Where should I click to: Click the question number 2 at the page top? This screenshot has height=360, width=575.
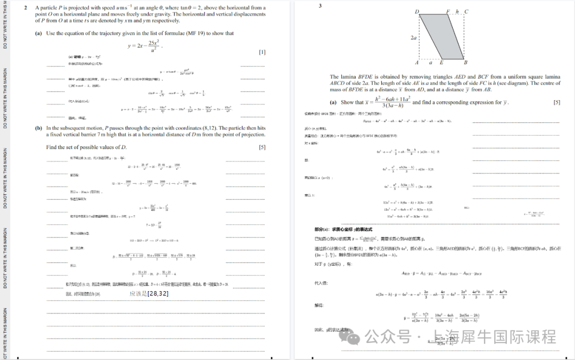[x=25, y=8]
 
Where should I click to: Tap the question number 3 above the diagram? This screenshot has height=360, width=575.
[x=320, y=6]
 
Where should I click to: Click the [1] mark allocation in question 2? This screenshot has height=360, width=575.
[x=262, y=52]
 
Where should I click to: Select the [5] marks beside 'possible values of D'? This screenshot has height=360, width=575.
[x=262, y=147]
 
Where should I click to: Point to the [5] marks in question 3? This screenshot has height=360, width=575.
[x=557, y=102]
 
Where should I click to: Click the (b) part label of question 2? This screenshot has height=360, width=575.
[x=38, y=128]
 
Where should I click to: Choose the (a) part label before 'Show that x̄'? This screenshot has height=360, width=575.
[x=333, y=102]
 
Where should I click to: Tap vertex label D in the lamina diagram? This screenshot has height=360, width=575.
[x=416, y=12]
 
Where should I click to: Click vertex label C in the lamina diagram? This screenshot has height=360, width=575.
[x=466, y=12]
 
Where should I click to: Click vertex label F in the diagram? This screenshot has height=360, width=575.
[x=448, y=12]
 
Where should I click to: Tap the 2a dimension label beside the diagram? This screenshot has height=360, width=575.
[x=414, y=38]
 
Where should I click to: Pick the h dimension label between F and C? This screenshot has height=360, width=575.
[x=457, y=12]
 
